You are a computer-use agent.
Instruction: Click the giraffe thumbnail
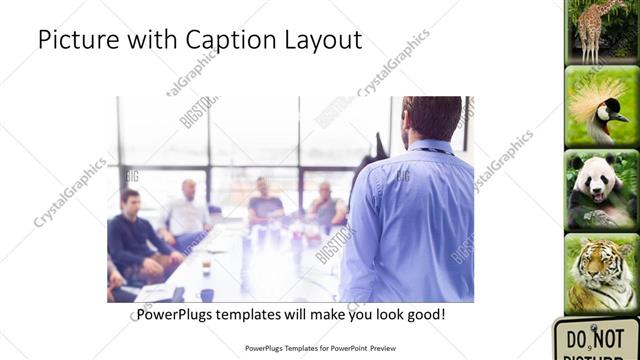pyautogui.click(x=601, y=30)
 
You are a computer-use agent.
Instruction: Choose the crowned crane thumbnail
pyautogui.click(x=601, y=106)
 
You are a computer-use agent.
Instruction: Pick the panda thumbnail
pyautogui.click(x=601, y=190)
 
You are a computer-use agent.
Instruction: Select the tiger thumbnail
pyautogui.click(x=601, y=272)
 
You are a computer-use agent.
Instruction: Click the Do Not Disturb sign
pyautogui.click(x=597, y=340)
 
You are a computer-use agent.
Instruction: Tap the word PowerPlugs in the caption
pyautogui.click(x=179, y=315)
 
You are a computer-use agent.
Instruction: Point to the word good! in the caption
pyautogui.click(x=424, y=315)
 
